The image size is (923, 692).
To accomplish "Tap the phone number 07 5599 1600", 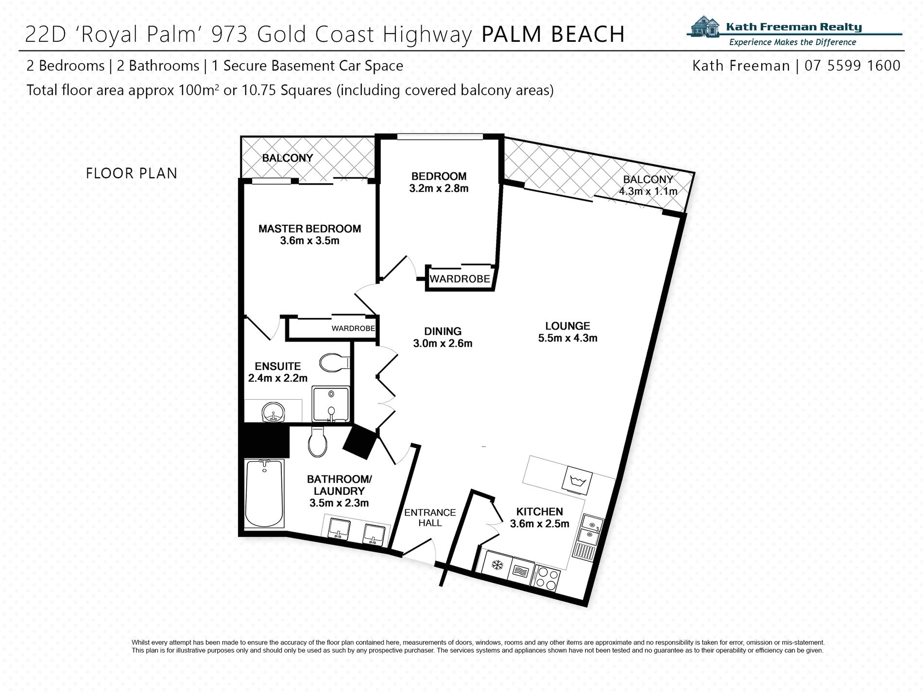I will [x=853, y=66].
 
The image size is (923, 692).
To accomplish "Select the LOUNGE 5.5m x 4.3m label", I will [x=567, y=332].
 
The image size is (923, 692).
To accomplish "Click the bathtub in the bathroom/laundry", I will [x=264, y=493].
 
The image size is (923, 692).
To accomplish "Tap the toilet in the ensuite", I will [x=334, y=362].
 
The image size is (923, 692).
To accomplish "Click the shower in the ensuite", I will [x=330, y=404].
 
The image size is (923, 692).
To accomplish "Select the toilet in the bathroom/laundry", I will [x=318, y=440].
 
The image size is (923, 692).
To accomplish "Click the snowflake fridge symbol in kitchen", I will [x=496, y=565].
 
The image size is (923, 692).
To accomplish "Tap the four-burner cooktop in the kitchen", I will [x=547, y=577].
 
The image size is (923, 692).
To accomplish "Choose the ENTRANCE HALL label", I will [x=430, y=518].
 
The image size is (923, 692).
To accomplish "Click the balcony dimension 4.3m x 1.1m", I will [x=648, y=191].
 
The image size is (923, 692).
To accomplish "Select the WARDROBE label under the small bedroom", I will [x=460, y=279].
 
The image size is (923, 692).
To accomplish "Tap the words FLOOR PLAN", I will [x=132, y=173].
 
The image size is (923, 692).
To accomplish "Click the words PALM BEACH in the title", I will [x=553, y=34].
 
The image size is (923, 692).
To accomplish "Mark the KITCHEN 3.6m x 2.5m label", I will [x=539, y=517].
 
